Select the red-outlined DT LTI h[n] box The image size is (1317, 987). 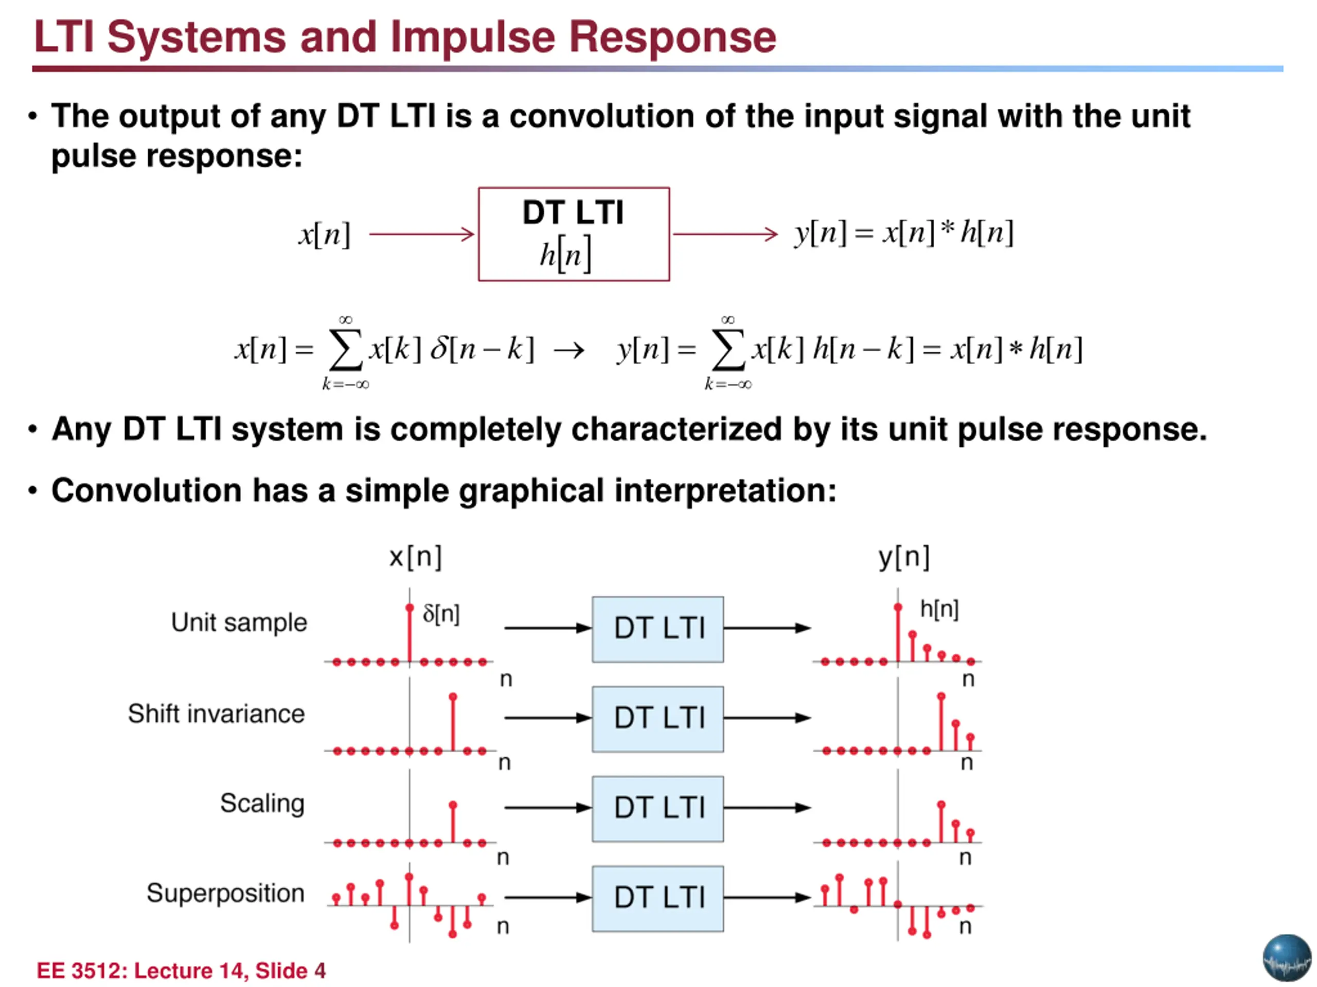(x=574, y=234)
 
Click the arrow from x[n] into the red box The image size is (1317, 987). (x=421, y=234)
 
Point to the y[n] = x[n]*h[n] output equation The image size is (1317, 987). (x=903, y=233)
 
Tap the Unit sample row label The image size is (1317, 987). (x=239, y=623)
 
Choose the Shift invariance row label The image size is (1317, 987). (x=216, y=714)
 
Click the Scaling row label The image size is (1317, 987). (x=262, y=803)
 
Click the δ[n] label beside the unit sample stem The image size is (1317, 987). (x=441, y=613)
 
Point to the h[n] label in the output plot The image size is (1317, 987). (x=939, y=609)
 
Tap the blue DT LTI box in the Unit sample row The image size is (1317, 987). (x=658, y=629)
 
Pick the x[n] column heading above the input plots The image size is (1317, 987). (x=415, y=557)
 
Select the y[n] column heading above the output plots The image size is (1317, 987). (x=904, y=557)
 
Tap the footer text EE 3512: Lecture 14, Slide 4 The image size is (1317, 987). (x=181, y=971)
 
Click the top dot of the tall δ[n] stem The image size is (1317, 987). (x=410, y=608)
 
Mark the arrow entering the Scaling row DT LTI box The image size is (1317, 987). (x=546, y=807)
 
